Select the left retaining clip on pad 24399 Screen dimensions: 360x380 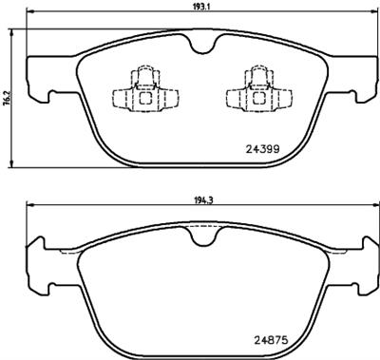coord(140,92)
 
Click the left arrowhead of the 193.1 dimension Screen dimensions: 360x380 coord(28,14)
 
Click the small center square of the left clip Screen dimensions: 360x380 coord(140,96)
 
